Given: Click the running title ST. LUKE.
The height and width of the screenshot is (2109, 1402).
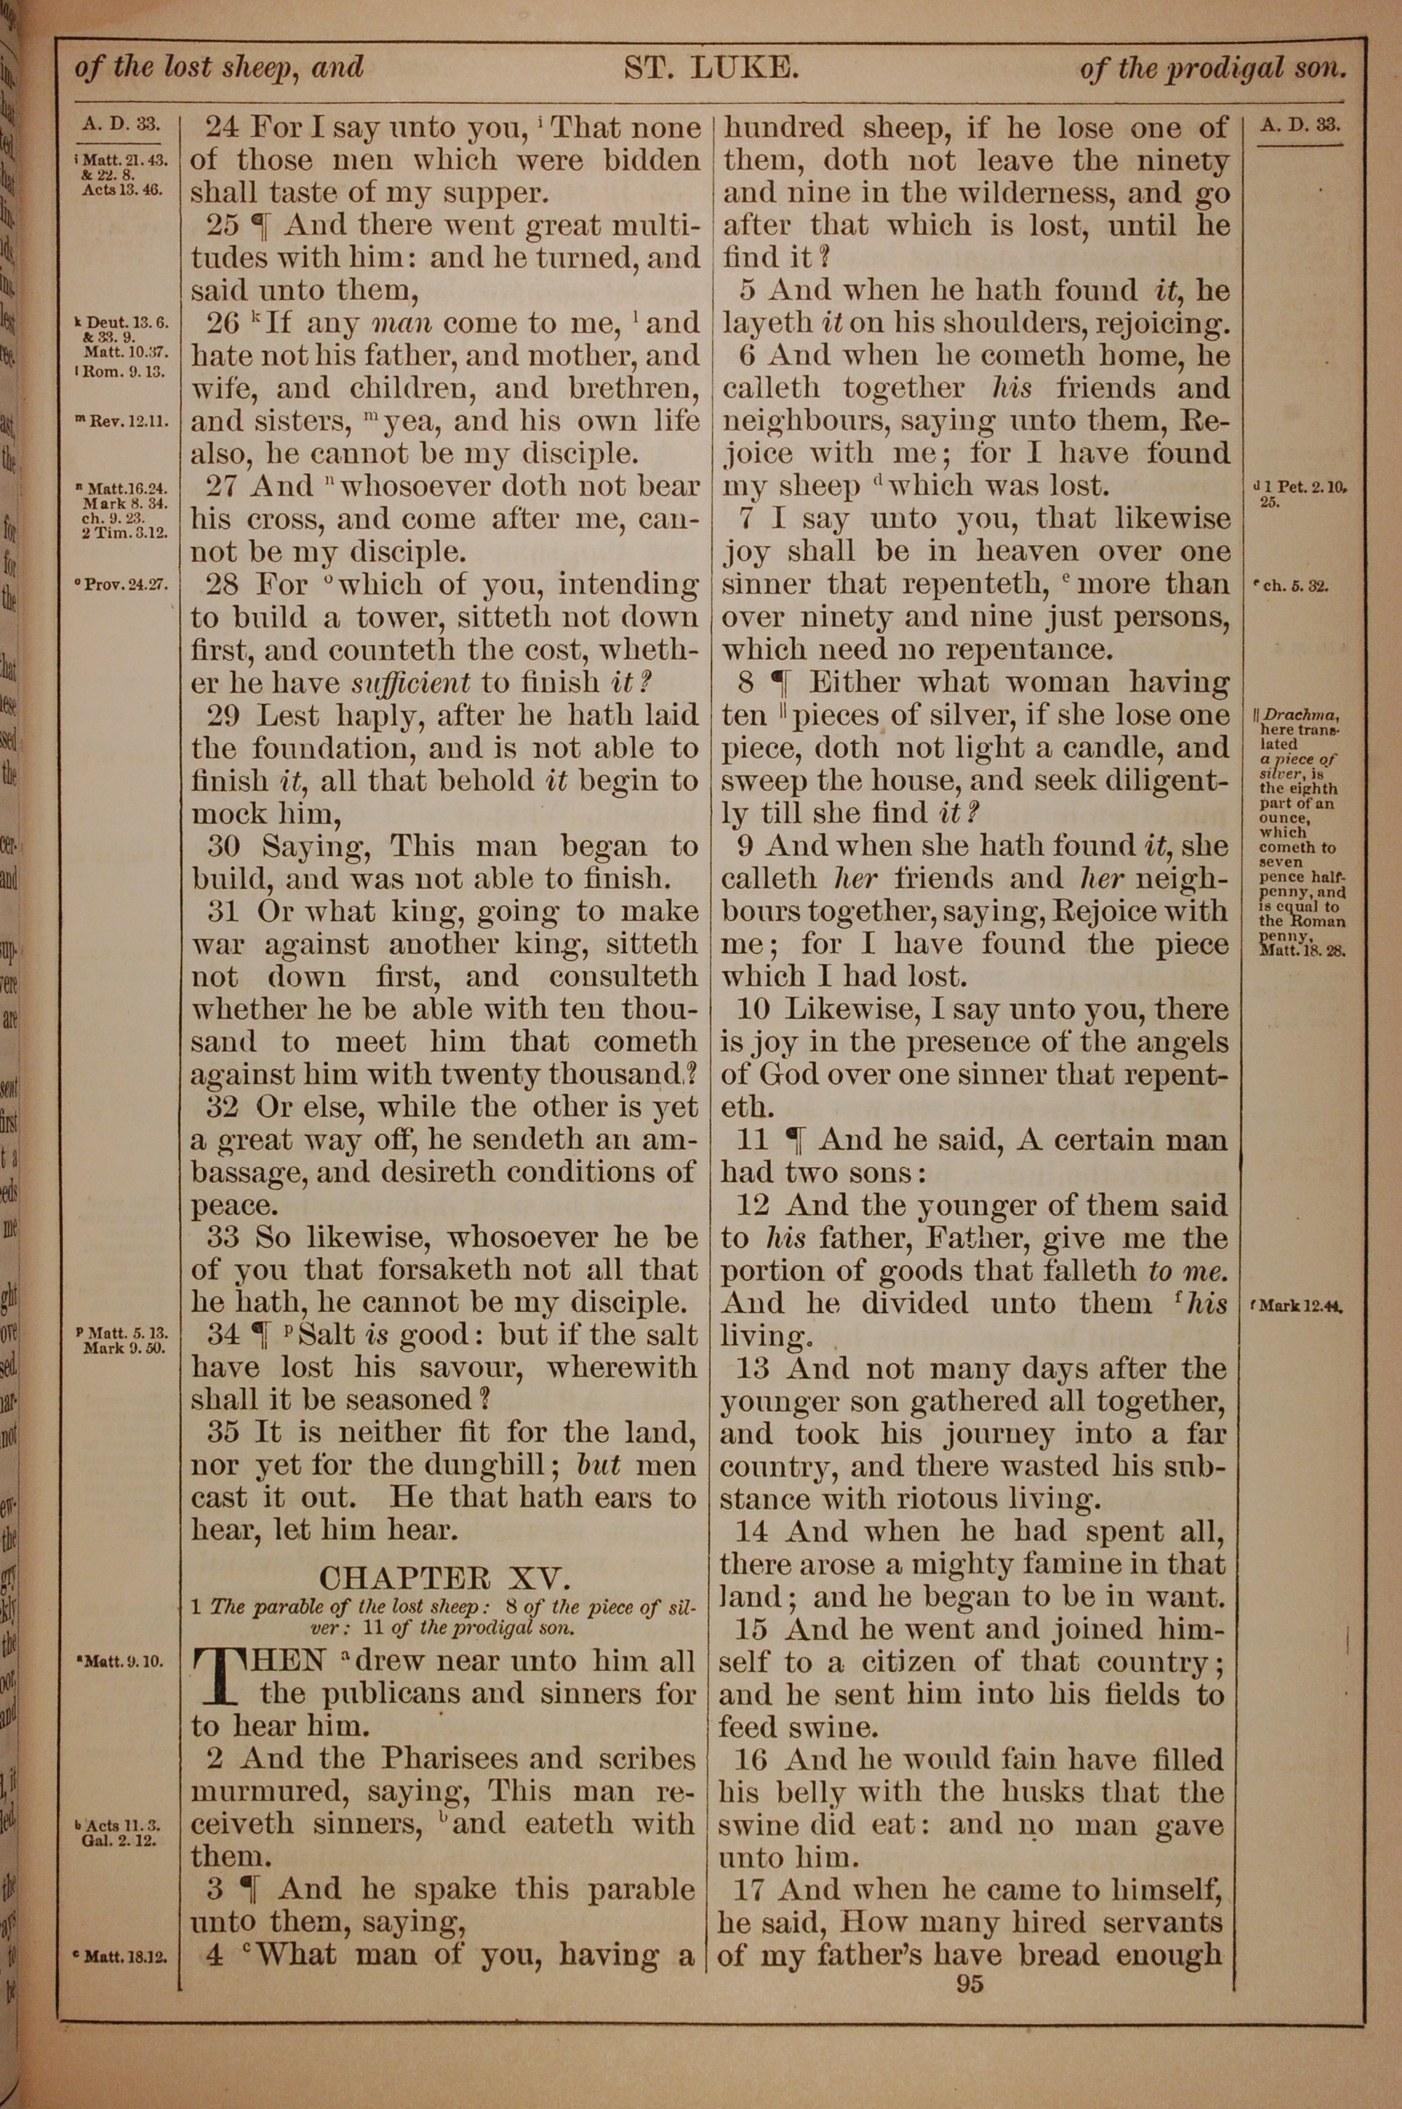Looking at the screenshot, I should click(x=710, y=69).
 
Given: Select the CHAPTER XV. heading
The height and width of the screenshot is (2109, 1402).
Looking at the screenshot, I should click(x=444, y=1577).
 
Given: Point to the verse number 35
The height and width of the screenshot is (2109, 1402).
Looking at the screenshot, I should click(x=224, y=1432).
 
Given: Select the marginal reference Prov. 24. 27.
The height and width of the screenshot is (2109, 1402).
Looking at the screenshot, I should click(x=126, y=586).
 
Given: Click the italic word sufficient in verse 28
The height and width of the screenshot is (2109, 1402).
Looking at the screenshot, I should click(x=411, y=683).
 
